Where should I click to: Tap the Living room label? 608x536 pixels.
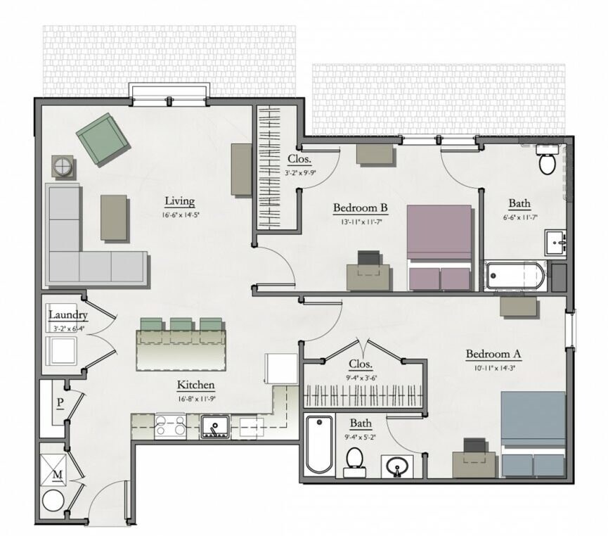pos(179,201)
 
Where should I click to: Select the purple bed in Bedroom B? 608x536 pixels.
pos(439,247)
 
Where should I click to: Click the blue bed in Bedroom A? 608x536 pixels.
pos(533,433)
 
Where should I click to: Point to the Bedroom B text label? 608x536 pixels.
pos(360,208)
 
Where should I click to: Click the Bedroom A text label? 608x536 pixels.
pos(493,353)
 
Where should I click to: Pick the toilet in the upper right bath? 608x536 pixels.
pos(547,161)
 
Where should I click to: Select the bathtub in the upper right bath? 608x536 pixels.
pos(515,276)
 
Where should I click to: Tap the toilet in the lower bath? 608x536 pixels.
pos(355,462)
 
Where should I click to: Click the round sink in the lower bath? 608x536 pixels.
pos(397,466)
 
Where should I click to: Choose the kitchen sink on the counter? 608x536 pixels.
pos(214,426)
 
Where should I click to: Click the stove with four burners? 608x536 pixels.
pos(169,426)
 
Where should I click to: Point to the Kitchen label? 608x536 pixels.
pos(195,385)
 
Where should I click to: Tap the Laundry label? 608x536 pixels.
pos(68,315)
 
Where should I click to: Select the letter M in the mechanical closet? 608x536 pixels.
pos(58,474)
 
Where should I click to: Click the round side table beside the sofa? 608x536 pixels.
pos(62,167)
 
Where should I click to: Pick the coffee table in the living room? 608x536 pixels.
pos(114,217)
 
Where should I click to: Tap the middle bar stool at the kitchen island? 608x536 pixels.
pos(181,324)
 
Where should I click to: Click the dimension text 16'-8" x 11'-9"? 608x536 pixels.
pos(195,398)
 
